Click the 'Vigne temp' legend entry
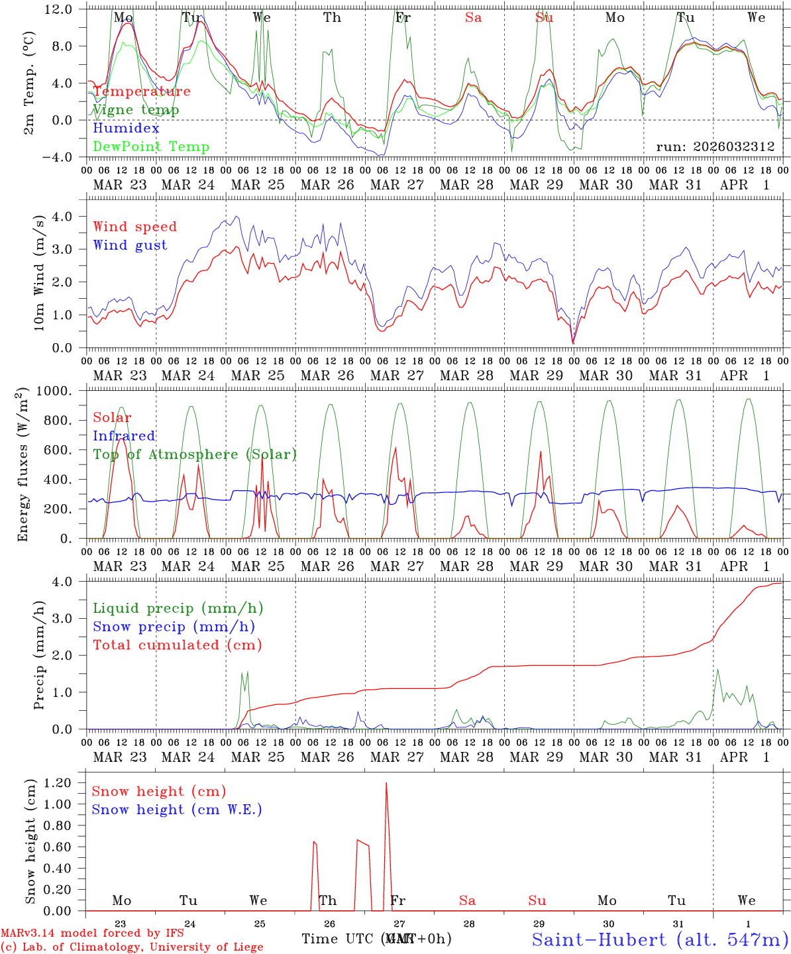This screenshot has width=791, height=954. point(136,110)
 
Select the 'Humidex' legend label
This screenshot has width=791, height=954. point(126,129)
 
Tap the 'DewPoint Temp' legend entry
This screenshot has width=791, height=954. point(151,147)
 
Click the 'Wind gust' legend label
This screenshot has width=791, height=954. point(130,245)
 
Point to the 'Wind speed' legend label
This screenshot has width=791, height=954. point(135,227)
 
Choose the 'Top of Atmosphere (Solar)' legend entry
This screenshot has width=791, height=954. point(194,454)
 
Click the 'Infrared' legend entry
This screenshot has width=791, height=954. point(124,436)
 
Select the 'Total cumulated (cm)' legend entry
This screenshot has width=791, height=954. point(177,645)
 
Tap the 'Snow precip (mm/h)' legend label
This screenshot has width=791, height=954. point(174,627)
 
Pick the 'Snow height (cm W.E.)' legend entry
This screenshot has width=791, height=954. point(177,810)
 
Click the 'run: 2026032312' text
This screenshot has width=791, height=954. point(715,147)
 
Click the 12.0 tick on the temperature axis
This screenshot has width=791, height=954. point(60,9)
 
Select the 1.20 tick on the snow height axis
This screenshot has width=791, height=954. point(57,782)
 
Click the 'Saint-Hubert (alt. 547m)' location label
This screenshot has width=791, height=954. point(660,939)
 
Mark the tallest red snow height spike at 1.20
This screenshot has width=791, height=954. point(386,784)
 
